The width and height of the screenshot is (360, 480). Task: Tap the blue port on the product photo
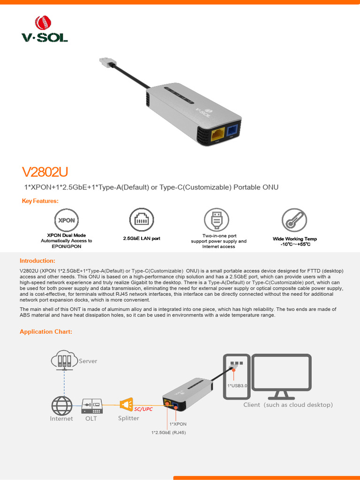(x=233, y=130)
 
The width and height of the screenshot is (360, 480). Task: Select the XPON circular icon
(x=66, y=220)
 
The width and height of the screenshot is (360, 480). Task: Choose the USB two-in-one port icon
(x=216, y=220)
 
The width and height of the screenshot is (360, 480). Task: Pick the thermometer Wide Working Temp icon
(x=294, y=220)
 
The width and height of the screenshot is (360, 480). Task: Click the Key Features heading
(x=40, y=201)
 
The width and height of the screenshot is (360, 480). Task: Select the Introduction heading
(x=37, y=261)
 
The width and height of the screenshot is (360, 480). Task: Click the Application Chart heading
(x=46, y=332)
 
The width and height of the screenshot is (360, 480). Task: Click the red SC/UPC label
(x=143, y=409)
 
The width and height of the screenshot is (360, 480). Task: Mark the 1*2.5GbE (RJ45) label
(x=168, y=433)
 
